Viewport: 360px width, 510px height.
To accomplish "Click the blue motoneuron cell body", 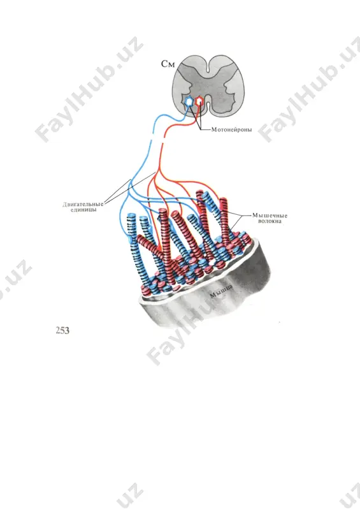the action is point(189,101).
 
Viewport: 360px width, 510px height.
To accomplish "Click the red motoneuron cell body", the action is point(199,101).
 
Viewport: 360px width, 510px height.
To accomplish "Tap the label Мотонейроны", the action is point(231,130).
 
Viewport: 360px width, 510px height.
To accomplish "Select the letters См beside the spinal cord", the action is point(168,64).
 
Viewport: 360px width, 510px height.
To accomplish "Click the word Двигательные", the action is point(83,204).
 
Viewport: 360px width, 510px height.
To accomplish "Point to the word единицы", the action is point(83,210).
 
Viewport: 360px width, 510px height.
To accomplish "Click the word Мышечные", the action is point(270,215).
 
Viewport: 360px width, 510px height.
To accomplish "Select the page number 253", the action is point(62,330).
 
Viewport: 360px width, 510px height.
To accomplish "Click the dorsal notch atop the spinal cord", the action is point(208,65).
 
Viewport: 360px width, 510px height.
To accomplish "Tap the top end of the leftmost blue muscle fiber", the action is point(132,215).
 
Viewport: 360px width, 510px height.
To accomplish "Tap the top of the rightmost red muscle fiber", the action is point(222,201).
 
